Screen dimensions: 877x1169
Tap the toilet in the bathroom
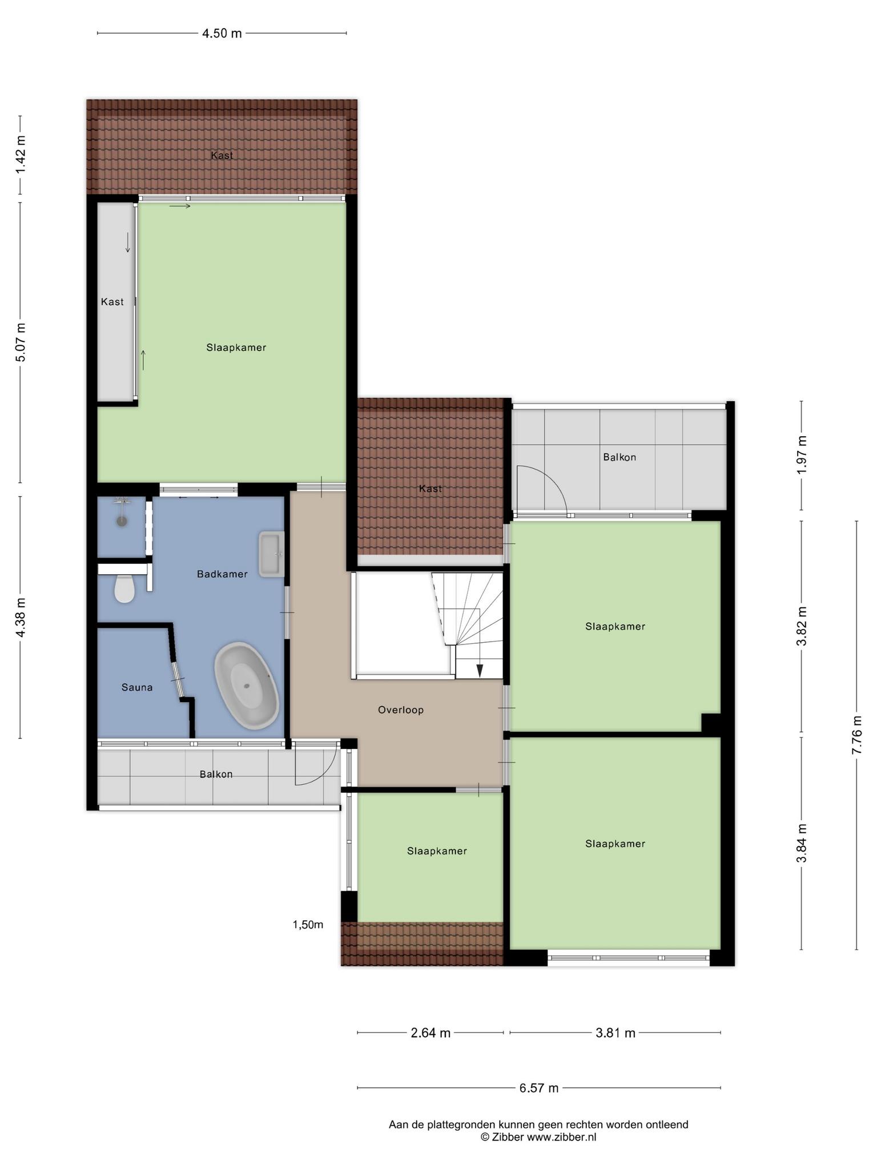[124, 588]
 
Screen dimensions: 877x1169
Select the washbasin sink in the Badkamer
[272, 554]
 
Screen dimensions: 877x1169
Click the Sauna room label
[137, 687]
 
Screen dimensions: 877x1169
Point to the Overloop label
[401, 710]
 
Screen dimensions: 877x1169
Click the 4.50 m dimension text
[222, 34]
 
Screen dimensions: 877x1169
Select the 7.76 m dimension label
[856, 735]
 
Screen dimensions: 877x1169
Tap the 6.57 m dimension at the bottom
[539, 1088]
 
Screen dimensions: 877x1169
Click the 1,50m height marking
[308, 925]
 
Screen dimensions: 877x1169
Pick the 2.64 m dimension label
[431, 1033]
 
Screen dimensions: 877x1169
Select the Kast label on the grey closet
[112, 302]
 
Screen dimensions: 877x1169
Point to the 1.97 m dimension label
[802, 454]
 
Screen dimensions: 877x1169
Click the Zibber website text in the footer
[538, 1136]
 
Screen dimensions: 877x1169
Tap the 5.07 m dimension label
[21, 342]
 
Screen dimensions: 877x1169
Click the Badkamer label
[222, 574]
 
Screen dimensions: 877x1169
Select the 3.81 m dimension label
[615, 1033]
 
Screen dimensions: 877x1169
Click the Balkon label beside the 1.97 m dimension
[619, 457]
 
